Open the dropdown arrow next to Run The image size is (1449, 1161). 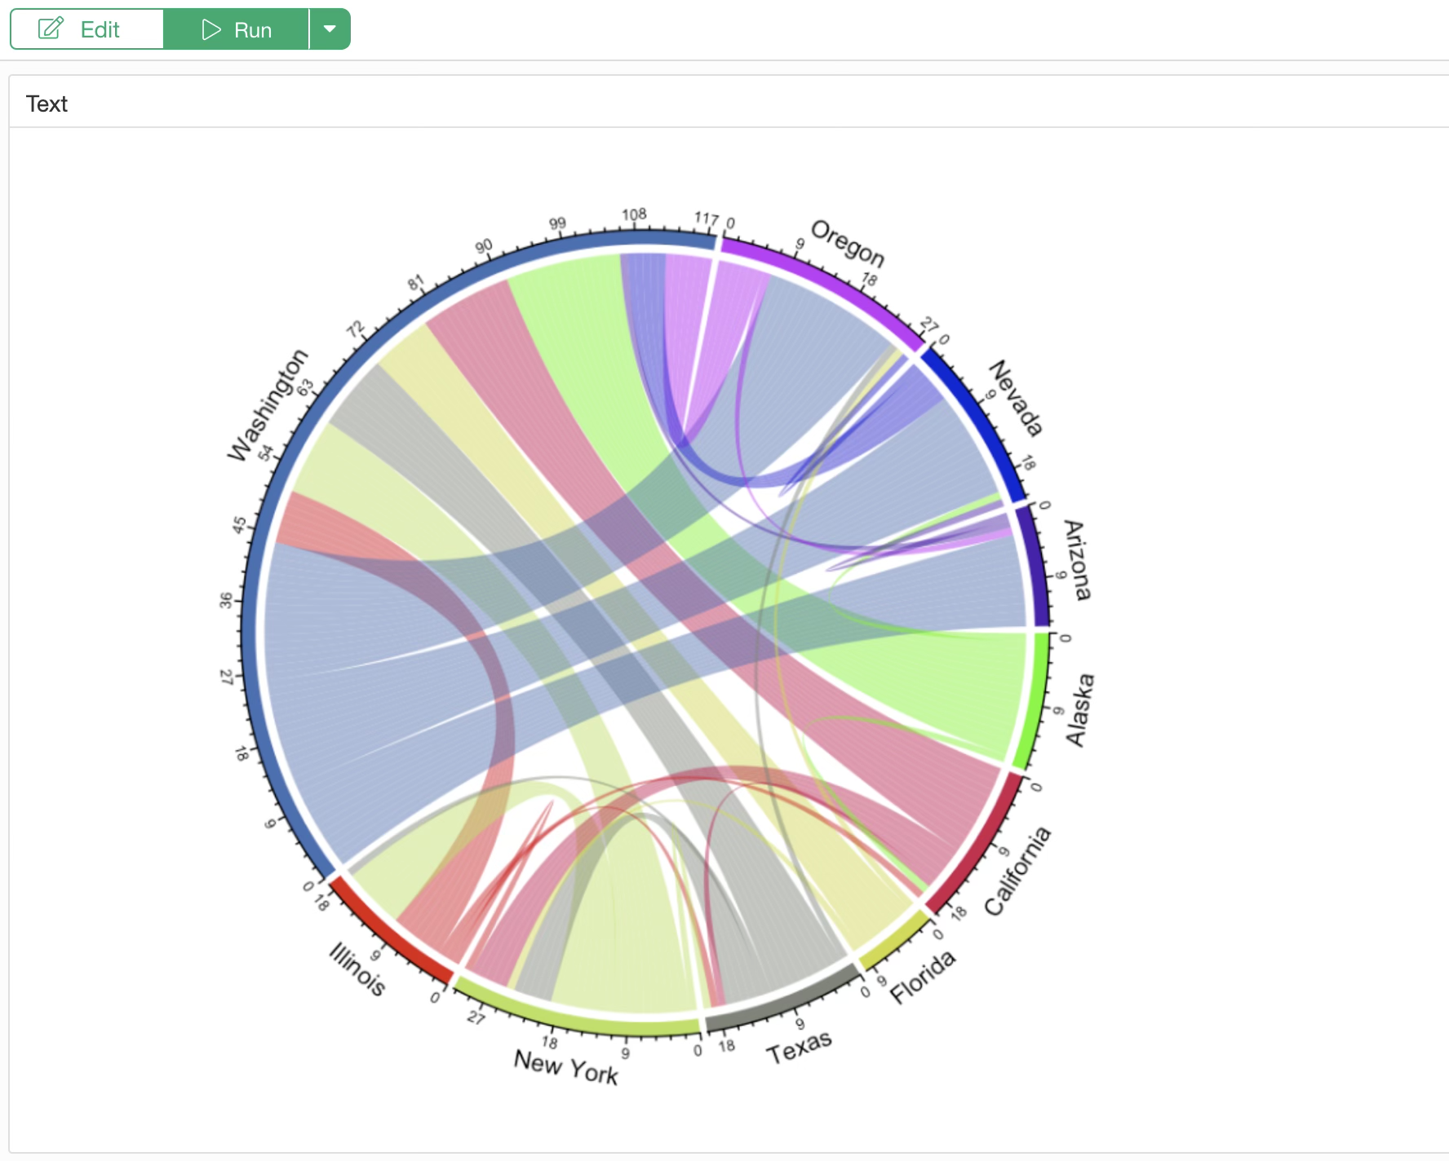point(330,29)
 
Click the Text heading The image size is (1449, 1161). point(47,104)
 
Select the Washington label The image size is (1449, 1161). point(268,405)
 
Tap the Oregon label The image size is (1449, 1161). point(848,243)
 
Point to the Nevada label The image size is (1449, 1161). point(1016,398)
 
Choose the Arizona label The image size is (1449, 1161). point(1077,560)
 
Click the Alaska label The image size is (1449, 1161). point(1079,709)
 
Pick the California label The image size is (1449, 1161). point(1017,871)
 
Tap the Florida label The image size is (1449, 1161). point(922,976)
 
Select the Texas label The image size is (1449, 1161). point(799,1047)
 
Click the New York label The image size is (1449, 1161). point(565,1066)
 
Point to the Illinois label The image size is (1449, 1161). point(357,969)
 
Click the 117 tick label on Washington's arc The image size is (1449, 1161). point(706,219)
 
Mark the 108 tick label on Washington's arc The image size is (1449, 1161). point(634,214)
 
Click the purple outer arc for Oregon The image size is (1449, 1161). point(824,285)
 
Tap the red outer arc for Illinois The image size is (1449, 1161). point(390,929)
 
